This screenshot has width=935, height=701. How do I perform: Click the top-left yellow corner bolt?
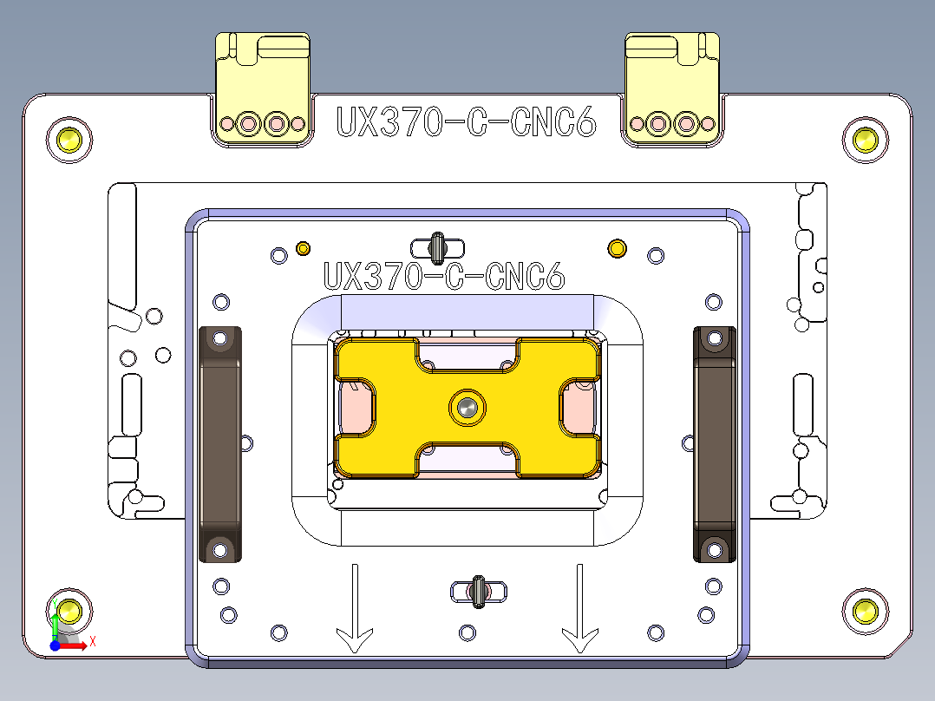(69, 138)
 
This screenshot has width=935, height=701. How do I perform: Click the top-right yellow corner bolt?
(865, 138)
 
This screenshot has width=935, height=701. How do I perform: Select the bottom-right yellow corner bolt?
(865, 611)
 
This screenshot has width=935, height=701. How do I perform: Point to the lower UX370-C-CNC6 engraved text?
(444, 277)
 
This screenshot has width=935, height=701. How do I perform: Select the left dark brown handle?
(220, 443)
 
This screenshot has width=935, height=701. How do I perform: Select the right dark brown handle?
(714, 443)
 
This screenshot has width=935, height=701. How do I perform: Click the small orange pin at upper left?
(304, 249)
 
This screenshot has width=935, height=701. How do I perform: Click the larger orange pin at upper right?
(617, 249)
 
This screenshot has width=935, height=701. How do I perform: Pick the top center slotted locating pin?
(438, 248)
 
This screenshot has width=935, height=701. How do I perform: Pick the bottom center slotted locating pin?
(478, 592)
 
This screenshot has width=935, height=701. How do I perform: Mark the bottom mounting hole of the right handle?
(714, 547)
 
